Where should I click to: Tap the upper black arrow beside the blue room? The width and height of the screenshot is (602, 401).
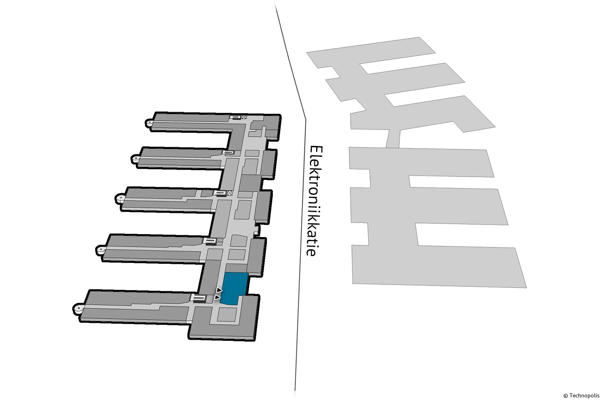219,290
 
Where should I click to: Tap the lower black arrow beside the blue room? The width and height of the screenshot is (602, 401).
218,297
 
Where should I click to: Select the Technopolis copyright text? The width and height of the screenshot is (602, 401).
581,395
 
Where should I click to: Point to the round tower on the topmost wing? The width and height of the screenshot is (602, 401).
149,123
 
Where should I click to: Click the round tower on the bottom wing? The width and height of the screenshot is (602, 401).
78,309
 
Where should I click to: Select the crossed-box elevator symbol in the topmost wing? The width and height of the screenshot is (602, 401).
244,117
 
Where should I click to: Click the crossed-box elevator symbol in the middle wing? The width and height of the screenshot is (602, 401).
230,193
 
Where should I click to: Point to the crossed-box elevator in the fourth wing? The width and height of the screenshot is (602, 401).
220,240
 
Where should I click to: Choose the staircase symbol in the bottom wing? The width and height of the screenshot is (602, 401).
198,298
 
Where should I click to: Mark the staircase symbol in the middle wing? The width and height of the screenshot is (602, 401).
220,193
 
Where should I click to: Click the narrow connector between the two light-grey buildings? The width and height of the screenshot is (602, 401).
393,138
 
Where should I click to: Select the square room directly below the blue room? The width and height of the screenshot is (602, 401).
227,314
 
